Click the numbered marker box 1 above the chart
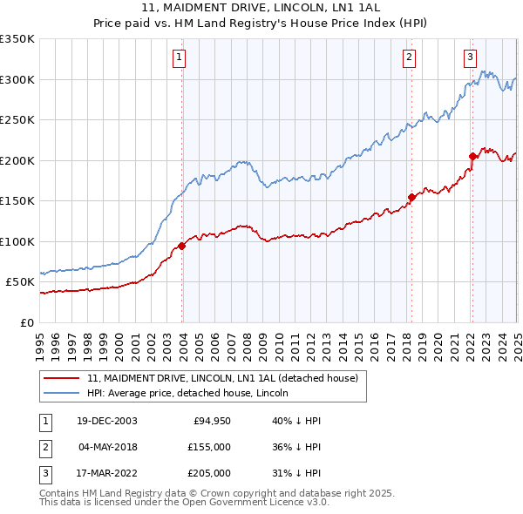click(178, 57)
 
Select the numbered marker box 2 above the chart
click(409, 57)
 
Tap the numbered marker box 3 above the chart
click(470, 57)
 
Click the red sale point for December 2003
click(182, 246)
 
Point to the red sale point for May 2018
click(411, 197)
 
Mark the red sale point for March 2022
click(472, 157)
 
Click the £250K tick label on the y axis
click(17, 120)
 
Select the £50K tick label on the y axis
click(20, 282)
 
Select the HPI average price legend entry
click(187, 393)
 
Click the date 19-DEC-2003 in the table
click(107, 421)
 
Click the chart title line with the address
click(261, 7)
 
